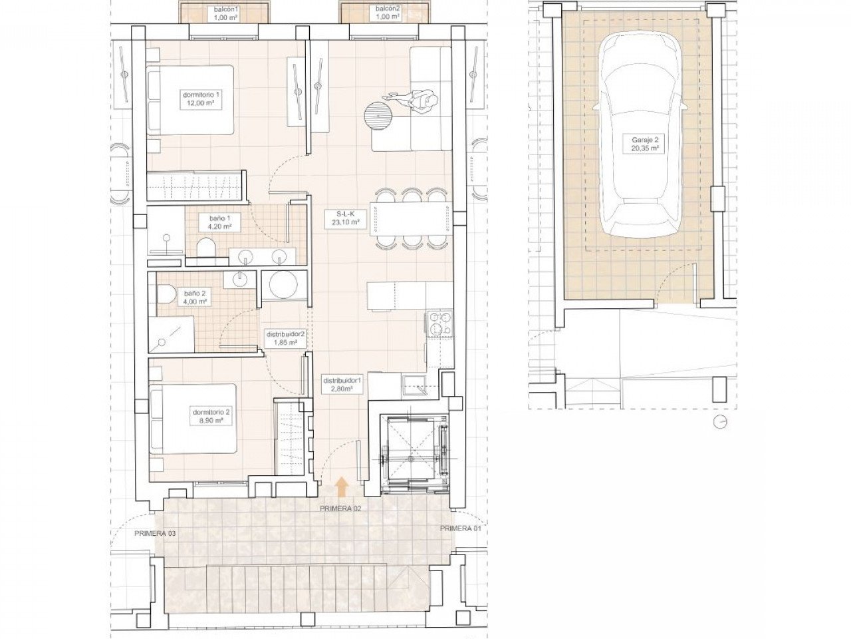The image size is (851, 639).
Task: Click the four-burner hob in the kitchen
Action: point(438,323)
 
